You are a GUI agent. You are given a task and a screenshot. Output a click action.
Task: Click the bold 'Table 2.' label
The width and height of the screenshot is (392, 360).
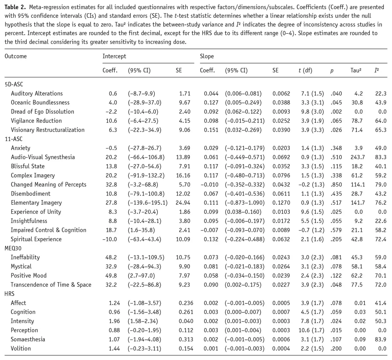pyautogui.click(x=15, y=7)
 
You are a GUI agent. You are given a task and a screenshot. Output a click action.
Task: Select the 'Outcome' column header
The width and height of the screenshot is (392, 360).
pyautogui.click(x=16, y=56)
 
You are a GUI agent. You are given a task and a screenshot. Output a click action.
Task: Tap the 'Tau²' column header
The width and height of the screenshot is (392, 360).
pyautogui.click(x=356, y=70)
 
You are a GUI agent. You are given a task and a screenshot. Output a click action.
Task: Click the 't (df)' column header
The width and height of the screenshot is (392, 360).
pyautogui.click(x=305, y=70)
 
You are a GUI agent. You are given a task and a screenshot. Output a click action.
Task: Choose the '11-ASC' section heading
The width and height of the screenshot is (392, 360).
pyautogui.click(x=14, y=139)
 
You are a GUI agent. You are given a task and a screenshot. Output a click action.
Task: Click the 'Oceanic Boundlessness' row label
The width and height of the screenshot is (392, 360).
pyautogui.click(x=40, y=102)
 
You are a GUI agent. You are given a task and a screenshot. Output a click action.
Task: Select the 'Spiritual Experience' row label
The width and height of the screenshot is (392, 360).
pyautogui.click(x=36, y=239)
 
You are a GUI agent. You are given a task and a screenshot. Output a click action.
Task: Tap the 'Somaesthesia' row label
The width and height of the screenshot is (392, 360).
pyautogui.click(x=28, y=339)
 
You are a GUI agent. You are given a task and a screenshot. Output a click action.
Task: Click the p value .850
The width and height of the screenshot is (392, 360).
pyautogui.click(x=336, y=184)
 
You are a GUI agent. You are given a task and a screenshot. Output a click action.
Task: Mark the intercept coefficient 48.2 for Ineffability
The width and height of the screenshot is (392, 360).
pyautogui.click(x=111, y=257)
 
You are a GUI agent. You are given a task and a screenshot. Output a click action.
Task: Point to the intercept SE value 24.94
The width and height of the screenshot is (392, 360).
pyautogui.click(x=183, y=203)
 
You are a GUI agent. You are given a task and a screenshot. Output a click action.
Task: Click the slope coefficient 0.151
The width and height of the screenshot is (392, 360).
pyautogui.click(x=211, y=130)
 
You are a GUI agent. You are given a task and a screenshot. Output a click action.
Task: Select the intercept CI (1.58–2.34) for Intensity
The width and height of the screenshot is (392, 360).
pyautogui.click(x=143, y=321)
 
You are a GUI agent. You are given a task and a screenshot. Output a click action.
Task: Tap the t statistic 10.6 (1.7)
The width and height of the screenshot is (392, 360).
pyautogui.click(x=311, y=330)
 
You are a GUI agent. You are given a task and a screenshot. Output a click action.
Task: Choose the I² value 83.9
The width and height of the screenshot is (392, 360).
pyautogui.click(x=381, y=339)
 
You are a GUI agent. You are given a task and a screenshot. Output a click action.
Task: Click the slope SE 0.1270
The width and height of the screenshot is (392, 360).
pyautogui.click(x=281, y=203)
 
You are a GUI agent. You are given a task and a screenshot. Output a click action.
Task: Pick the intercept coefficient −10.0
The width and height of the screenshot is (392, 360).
pyautogui.click(x=110, y=239)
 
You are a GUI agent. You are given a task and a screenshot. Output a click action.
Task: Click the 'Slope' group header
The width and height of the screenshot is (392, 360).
pyautogui.click(x=207, y=56)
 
